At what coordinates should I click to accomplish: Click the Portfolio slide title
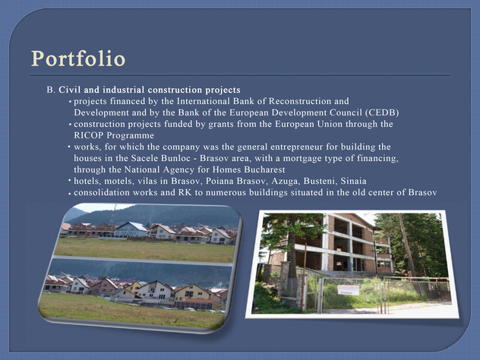pos(78,58)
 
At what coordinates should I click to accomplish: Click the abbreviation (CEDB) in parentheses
pos(382,112)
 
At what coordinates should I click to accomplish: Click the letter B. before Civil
pos(51,90)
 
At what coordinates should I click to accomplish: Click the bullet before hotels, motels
pos(70,180)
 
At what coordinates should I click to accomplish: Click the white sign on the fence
pos(348,290)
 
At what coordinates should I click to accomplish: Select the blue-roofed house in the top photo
pos(131,229)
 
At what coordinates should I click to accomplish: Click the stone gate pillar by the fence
pos(285,280)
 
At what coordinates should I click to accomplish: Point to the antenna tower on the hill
pos(112,215)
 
